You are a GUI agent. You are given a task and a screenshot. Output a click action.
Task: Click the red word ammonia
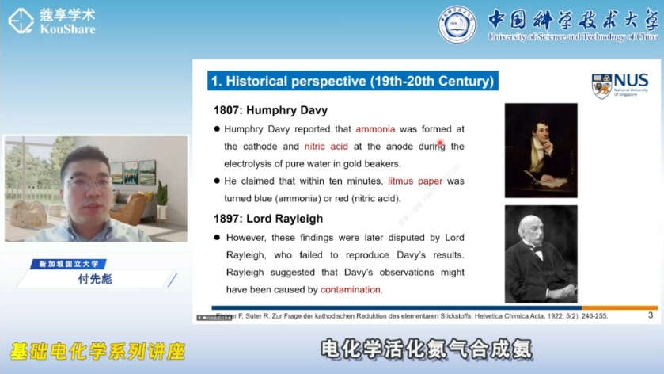click(375, 128)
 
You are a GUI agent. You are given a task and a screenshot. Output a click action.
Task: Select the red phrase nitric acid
click(326, 147)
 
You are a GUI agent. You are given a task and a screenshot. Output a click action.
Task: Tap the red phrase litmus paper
click(415, 181)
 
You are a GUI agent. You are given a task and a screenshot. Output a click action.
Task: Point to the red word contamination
click(351, 290)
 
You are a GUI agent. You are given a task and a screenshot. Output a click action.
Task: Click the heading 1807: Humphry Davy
click(270, 110)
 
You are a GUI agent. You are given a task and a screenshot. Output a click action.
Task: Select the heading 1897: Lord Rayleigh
click(268, 219)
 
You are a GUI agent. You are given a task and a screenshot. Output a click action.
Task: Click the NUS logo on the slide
click(620, 86)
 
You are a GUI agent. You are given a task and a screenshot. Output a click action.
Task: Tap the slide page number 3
click(650, 315)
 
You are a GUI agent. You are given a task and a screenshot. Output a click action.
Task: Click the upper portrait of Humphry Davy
click(541, 151)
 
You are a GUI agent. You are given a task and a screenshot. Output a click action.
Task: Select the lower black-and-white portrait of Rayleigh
click(541, 254)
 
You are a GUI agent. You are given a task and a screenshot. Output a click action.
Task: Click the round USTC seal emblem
click(457, 25)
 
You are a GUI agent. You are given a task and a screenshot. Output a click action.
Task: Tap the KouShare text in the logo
click(67, 29)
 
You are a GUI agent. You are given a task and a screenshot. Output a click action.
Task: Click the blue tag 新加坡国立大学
click(67, 264)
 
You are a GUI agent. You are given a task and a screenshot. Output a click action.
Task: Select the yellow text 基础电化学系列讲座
click(97, 351)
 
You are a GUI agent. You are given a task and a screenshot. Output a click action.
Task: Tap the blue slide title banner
click(352, 81)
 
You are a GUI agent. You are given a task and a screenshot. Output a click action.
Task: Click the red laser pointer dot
click(440, 143)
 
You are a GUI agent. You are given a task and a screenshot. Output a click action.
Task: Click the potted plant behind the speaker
click(162, 197)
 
